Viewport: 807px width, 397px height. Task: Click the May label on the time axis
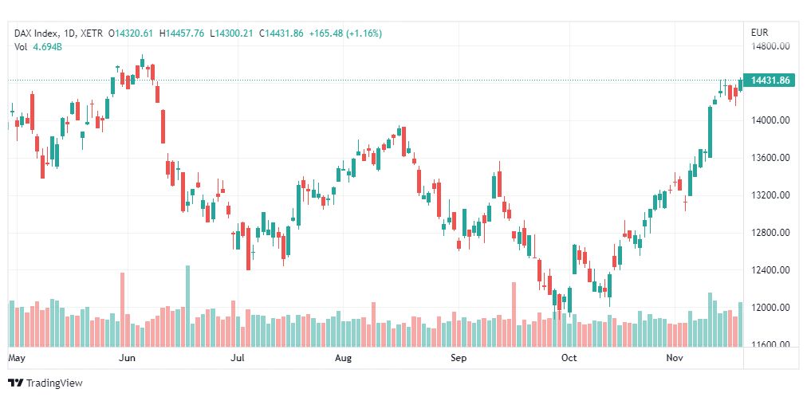pos(17,359)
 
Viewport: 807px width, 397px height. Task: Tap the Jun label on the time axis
pos(127,359)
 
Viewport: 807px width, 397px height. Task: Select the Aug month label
pos(343,359)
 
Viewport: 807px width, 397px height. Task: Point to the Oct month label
pos(569,359)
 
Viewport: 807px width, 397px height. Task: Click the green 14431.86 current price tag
pos(770,81)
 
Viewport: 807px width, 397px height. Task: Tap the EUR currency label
pos(760,33)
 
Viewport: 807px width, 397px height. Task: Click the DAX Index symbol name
pos(37,33)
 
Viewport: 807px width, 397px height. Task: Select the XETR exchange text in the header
pos(96,33)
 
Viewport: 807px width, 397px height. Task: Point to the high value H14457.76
pos(182,33)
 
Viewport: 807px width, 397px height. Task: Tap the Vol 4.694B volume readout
pos(38,47)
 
